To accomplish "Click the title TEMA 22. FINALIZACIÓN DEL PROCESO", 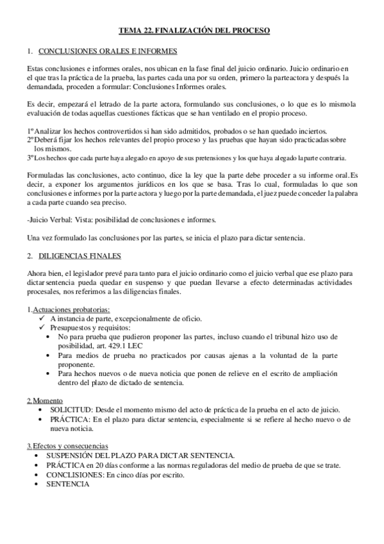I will pos(195,30).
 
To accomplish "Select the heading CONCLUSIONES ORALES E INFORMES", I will pos(108,51).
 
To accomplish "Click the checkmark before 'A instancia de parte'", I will pos(41,319).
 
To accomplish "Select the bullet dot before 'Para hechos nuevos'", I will pos(51,373).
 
